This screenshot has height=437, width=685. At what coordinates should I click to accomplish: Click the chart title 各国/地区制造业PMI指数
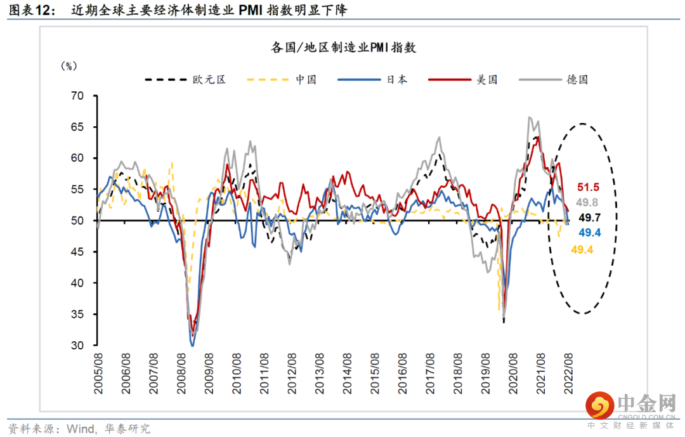tap(343, 48)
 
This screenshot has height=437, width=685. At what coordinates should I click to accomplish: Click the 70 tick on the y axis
tap(77, 96)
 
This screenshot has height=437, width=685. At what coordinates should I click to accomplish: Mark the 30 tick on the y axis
tap(77, 346)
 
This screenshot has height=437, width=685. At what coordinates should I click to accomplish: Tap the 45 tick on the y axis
tap(77, 252)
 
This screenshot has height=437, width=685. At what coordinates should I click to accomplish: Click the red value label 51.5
tap(588, 187)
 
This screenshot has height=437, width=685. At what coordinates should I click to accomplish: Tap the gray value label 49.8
tap(588, 202)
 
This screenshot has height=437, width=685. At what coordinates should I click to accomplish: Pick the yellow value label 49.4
tap(582, 250)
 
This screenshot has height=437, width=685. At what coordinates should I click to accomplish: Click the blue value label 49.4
tap(590, 233)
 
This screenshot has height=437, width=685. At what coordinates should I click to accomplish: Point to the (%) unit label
tap(68, 65)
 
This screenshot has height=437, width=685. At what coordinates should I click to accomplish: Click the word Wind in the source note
tap(79, 428)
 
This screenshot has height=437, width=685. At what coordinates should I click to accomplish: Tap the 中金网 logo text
tap(644, 403)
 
